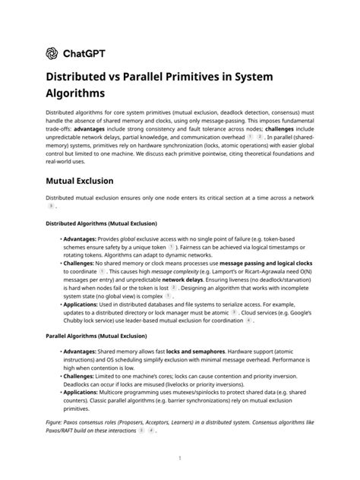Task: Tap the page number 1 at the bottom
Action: [x=180, y=458]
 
